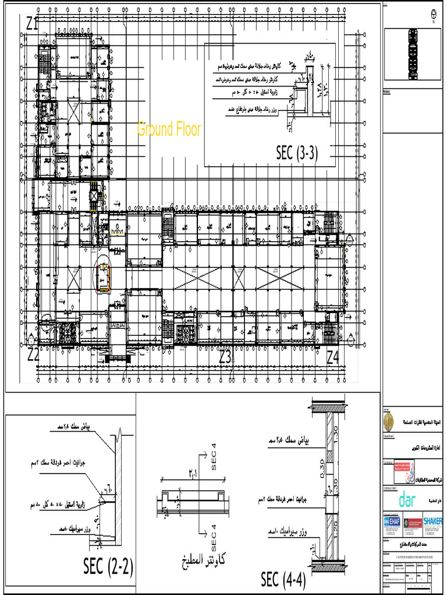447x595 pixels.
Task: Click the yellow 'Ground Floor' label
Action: [x=169, y=129]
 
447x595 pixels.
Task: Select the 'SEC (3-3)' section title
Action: [x=297, y=153]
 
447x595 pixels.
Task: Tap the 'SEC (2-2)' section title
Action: [x=108, y=567]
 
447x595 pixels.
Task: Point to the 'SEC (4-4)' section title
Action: [x=283, y=579]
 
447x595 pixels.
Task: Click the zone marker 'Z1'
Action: [x=33, y=24]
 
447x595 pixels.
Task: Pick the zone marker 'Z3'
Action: [x=225, y=357]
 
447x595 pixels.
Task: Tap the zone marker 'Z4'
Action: [x=332, y=357]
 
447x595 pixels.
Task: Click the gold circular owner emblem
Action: [x=387, y=420]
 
